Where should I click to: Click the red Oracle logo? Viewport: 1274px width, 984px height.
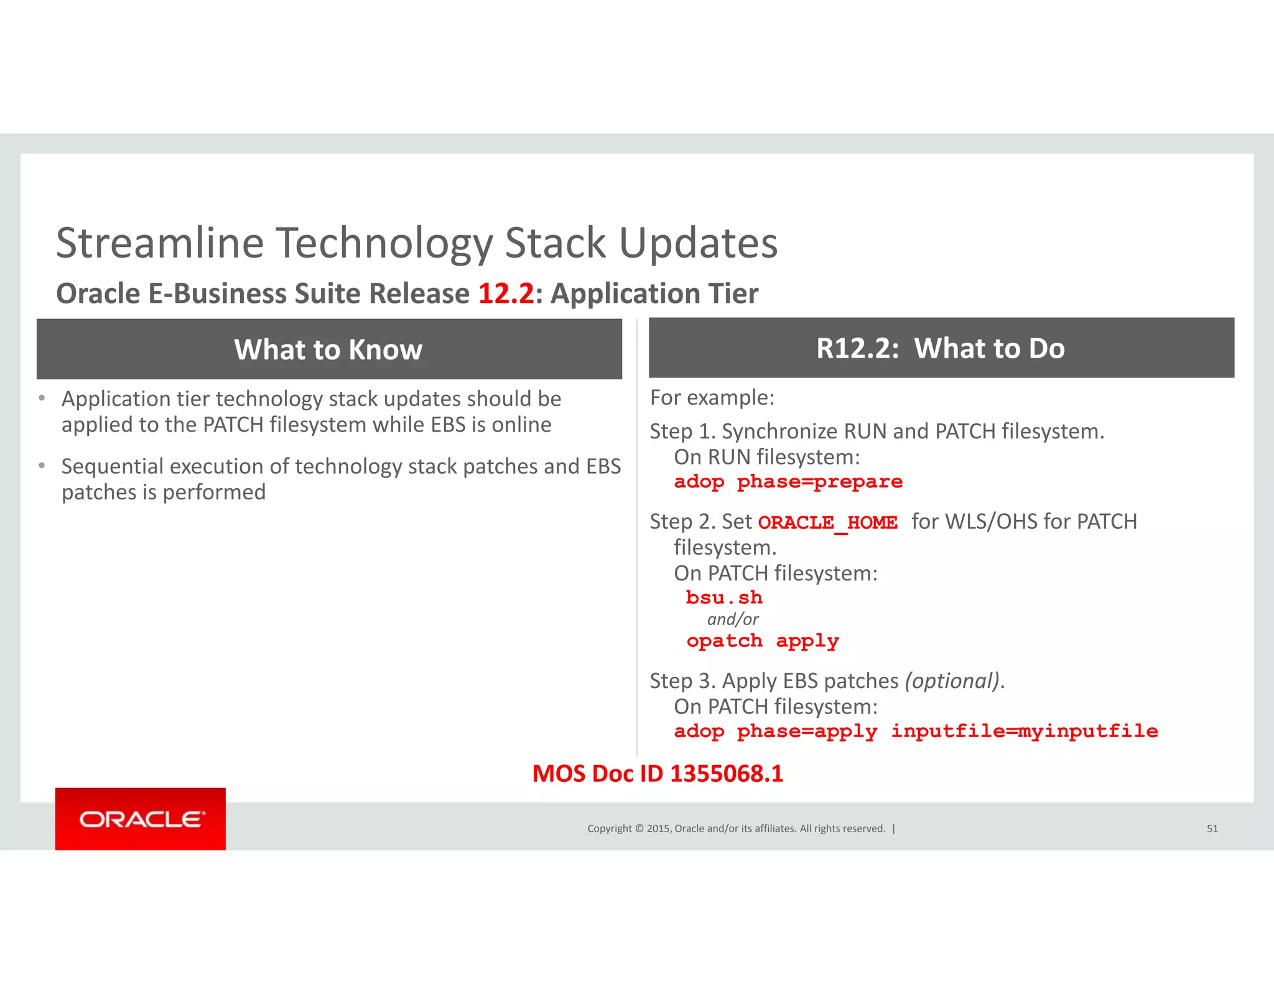tap(141, 819)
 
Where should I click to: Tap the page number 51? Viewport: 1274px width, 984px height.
tap(1212, 829)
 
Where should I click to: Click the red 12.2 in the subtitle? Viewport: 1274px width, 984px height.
tap(506, 294)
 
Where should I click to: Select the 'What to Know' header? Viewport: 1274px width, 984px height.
tap(328, 350)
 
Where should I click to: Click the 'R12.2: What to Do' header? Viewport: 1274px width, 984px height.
tap(941, 348)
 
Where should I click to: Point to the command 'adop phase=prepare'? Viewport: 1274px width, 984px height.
tap(788, 482)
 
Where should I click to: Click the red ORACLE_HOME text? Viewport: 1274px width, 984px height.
tap(827, 522)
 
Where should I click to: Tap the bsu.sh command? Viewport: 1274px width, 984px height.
tap(723, 598)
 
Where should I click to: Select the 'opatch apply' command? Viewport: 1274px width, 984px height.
tap(763, 641)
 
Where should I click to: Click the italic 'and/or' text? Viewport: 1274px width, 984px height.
tap(733, 620)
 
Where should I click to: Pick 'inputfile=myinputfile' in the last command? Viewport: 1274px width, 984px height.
tap(1024, 731)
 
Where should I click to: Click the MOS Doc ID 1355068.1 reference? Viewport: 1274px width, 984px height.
tap(658, 774)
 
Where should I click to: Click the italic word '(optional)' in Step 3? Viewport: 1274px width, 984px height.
tap(952, 681)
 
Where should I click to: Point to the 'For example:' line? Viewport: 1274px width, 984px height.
tap(712, 398)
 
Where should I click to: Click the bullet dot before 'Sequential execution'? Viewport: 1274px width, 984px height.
tap(42, 465)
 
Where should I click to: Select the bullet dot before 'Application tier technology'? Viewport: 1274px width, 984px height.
tap(42, 398)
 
